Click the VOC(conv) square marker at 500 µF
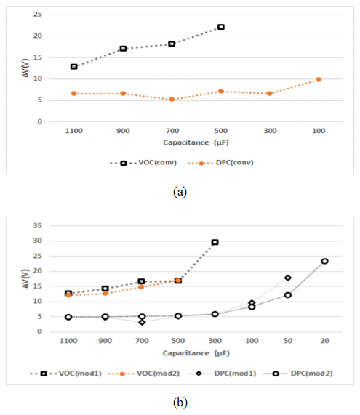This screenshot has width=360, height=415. tap(221, 27)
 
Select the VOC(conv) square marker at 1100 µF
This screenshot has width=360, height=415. tap(74, 66)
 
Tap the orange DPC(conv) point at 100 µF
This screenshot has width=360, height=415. tap(319, 79)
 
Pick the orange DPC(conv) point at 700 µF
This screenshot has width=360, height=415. tap(172, 100)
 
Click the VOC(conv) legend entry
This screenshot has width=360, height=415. tap(143, 163)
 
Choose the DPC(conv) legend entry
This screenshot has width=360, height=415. tap(220, 163)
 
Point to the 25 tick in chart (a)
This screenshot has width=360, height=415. tap(38, 15)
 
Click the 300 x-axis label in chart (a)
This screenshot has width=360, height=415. tap(270, 131)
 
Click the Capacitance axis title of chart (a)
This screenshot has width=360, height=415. tap(196, 142)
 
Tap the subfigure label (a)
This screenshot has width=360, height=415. tap(180, 191)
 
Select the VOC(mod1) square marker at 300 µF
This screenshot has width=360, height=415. tap(215, 242)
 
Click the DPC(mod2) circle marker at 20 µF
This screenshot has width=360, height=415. tap(325, 261)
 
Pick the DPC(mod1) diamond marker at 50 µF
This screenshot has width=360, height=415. tap(288, 278)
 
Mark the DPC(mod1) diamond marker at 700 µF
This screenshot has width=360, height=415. tap(143, 323)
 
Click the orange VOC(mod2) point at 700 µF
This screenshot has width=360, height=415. tap(141, 286)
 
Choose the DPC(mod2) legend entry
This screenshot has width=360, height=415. tap(297, 374)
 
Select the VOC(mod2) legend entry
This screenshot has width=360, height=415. tap(144, 374)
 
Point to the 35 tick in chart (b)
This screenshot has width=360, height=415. tap(38, 226)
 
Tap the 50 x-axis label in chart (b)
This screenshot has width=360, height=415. tap(288, 341)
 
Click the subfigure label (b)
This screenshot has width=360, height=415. tap(180, 403)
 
